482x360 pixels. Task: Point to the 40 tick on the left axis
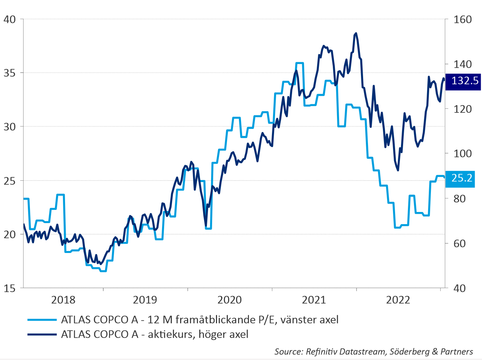pos(10,19)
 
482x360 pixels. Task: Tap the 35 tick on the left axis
pos(10,73)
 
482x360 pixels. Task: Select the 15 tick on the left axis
pos(10,288)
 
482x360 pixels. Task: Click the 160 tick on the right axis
pos(463,19)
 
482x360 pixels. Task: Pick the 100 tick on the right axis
pos(463,154)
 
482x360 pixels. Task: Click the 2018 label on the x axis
pos(63,300)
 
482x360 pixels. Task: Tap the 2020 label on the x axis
pos(230,300)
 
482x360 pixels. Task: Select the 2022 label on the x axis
pos(398,300)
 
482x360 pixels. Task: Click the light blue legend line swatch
pos(42,320)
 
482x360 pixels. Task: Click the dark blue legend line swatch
pos(42,334)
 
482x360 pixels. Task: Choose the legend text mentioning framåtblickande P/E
pos(200,320)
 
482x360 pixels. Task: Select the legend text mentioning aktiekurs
pos(155,334)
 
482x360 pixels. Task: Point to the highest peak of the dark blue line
pos(356,33)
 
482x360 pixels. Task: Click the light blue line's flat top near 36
pos(299,63)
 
